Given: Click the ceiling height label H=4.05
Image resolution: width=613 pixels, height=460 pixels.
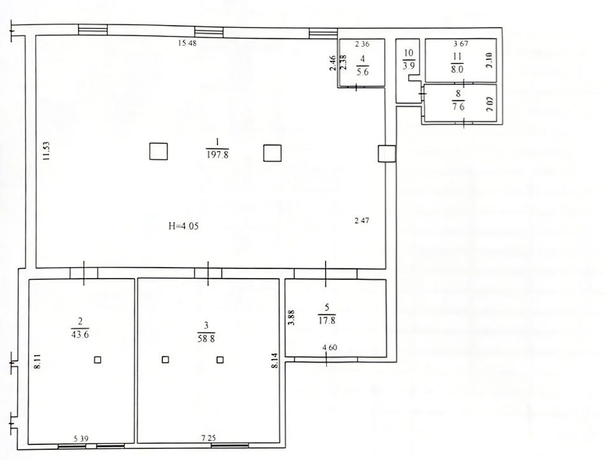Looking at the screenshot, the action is click(x=183, y=226).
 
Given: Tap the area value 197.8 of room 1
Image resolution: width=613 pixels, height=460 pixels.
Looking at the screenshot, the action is click(x=217, y=155).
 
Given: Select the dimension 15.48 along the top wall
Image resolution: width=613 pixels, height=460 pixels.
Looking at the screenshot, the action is click(x=187, y=43).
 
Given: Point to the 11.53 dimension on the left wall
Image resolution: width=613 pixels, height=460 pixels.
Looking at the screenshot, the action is click(x=46, y=151).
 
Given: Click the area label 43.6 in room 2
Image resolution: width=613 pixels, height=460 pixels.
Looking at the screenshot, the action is click(x=80, y=334).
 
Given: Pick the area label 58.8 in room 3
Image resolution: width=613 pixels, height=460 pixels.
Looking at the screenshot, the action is click(x=206, y=339).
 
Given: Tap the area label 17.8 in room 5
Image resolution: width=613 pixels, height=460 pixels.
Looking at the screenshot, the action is click(x=327, y=320).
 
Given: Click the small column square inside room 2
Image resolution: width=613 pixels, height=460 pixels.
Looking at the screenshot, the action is click(x=98, y=360).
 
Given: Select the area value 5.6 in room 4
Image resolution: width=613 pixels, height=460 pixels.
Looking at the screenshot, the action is click(x=363, y=72).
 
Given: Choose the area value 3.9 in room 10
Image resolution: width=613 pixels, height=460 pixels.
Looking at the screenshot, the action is click(x=409, y=65).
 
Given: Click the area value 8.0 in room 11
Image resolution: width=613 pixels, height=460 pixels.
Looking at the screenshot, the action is click(x=457, y=70).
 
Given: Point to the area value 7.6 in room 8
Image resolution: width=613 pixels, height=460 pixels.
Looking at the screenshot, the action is click(x=458, y=107).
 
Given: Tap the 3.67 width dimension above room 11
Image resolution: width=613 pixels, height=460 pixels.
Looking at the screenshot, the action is click(x=460, y=43).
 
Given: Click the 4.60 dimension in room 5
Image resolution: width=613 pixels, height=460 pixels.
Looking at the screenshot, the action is click(x=329, y=348).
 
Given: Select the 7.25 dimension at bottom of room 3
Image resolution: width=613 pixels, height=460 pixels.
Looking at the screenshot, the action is click(x=208, y=438).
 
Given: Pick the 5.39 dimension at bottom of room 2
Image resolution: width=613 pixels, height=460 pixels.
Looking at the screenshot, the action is click(x=81, y=438).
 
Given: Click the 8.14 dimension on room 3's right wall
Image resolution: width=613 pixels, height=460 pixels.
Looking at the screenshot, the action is click(x=275, y=360).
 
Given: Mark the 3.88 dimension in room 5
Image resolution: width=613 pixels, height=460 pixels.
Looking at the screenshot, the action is click(x=291, y=318).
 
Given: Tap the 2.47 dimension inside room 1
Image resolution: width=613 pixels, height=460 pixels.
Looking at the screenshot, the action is click(x=361, y=220).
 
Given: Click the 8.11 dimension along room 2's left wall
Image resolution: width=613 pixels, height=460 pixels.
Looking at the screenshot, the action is click(x=38, y=362).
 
